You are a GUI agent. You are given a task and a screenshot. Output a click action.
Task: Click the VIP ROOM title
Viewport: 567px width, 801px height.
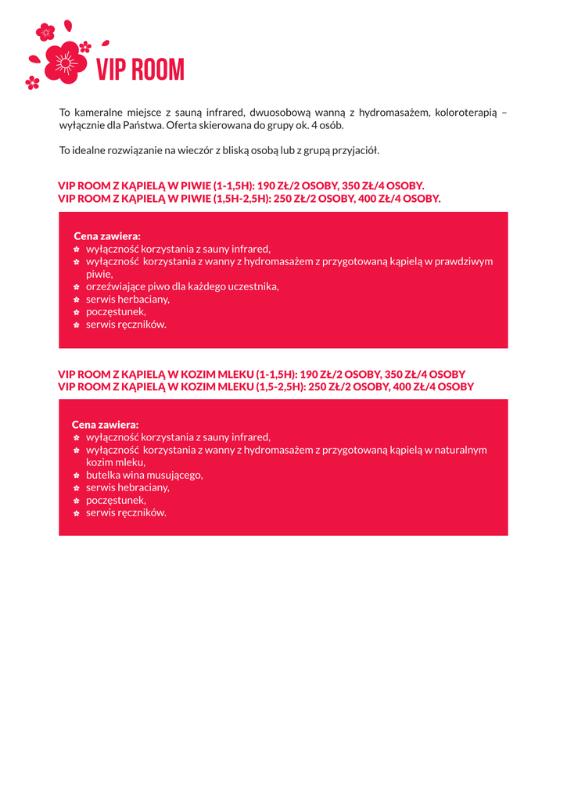pos(140,70)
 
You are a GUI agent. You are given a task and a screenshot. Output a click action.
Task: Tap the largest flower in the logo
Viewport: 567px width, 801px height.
pos(65,62)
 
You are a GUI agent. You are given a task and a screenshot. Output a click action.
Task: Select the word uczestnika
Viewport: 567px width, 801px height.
pos(253,286)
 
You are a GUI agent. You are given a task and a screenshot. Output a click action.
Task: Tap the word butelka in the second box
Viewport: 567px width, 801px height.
pos(102,475)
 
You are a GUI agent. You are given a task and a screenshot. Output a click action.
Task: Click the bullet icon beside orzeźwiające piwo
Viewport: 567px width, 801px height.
pos(77,287)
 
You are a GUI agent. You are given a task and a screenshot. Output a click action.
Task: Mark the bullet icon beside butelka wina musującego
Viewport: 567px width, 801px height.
pos(77,476)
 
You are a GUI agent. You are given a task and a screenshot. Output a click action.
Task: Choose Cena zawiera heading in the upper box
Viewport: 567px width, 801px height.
pos(107,235)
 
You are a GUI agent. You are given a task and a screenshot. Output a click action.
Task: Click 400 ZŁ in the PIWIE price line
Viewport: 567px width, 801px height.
pos(375,199)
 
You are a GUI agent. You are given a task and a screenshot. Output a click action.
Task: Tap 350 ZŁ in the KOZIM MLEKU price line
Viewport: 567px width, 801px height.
pos(401,374)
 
